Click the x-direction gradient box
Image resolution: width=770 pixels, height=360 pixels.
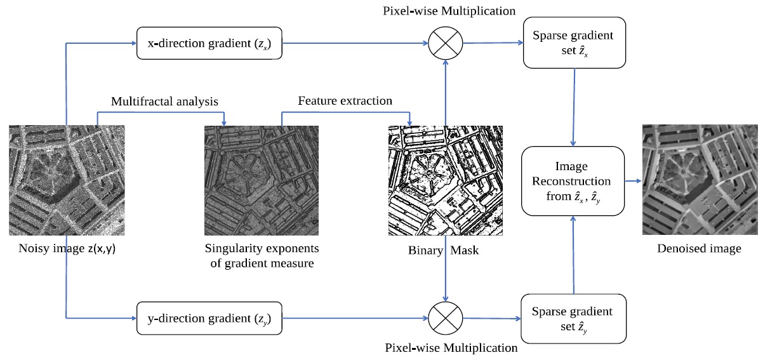point(209,44)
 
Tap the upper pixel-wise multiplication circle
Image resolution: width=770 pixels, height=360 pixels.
point(446,44)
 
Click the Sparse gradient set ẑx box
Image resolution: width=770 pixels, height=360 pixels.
point(574,44)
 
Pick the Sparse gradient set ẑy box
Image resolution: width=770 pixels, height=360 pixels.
point(574,318)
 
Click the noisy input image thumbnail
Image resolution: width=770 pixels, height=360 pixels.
point(67,180)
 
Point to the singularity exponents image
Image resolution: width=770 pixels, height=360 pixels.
point(262,180)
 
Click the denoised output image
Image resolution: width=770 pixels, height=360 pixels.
point(700,180)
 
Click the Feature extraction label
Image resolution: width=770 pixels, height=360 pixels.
point(345,101)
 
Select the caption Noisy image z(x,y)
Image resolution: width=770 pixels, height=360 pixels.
point(66,249)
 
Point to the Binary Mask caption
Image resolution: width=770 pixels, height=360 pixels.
point(443,250)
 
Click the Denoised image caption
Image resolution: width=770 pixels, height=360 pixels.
point(699,249)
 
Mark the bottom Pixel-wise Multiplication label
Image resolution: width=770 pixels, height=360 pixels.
point(451,348)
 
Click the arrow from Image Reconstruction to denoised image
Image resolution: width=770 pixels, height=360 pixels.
point(634,182)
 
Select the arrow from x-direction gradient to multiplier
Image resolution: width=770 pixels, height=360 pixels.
point(355,44)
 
